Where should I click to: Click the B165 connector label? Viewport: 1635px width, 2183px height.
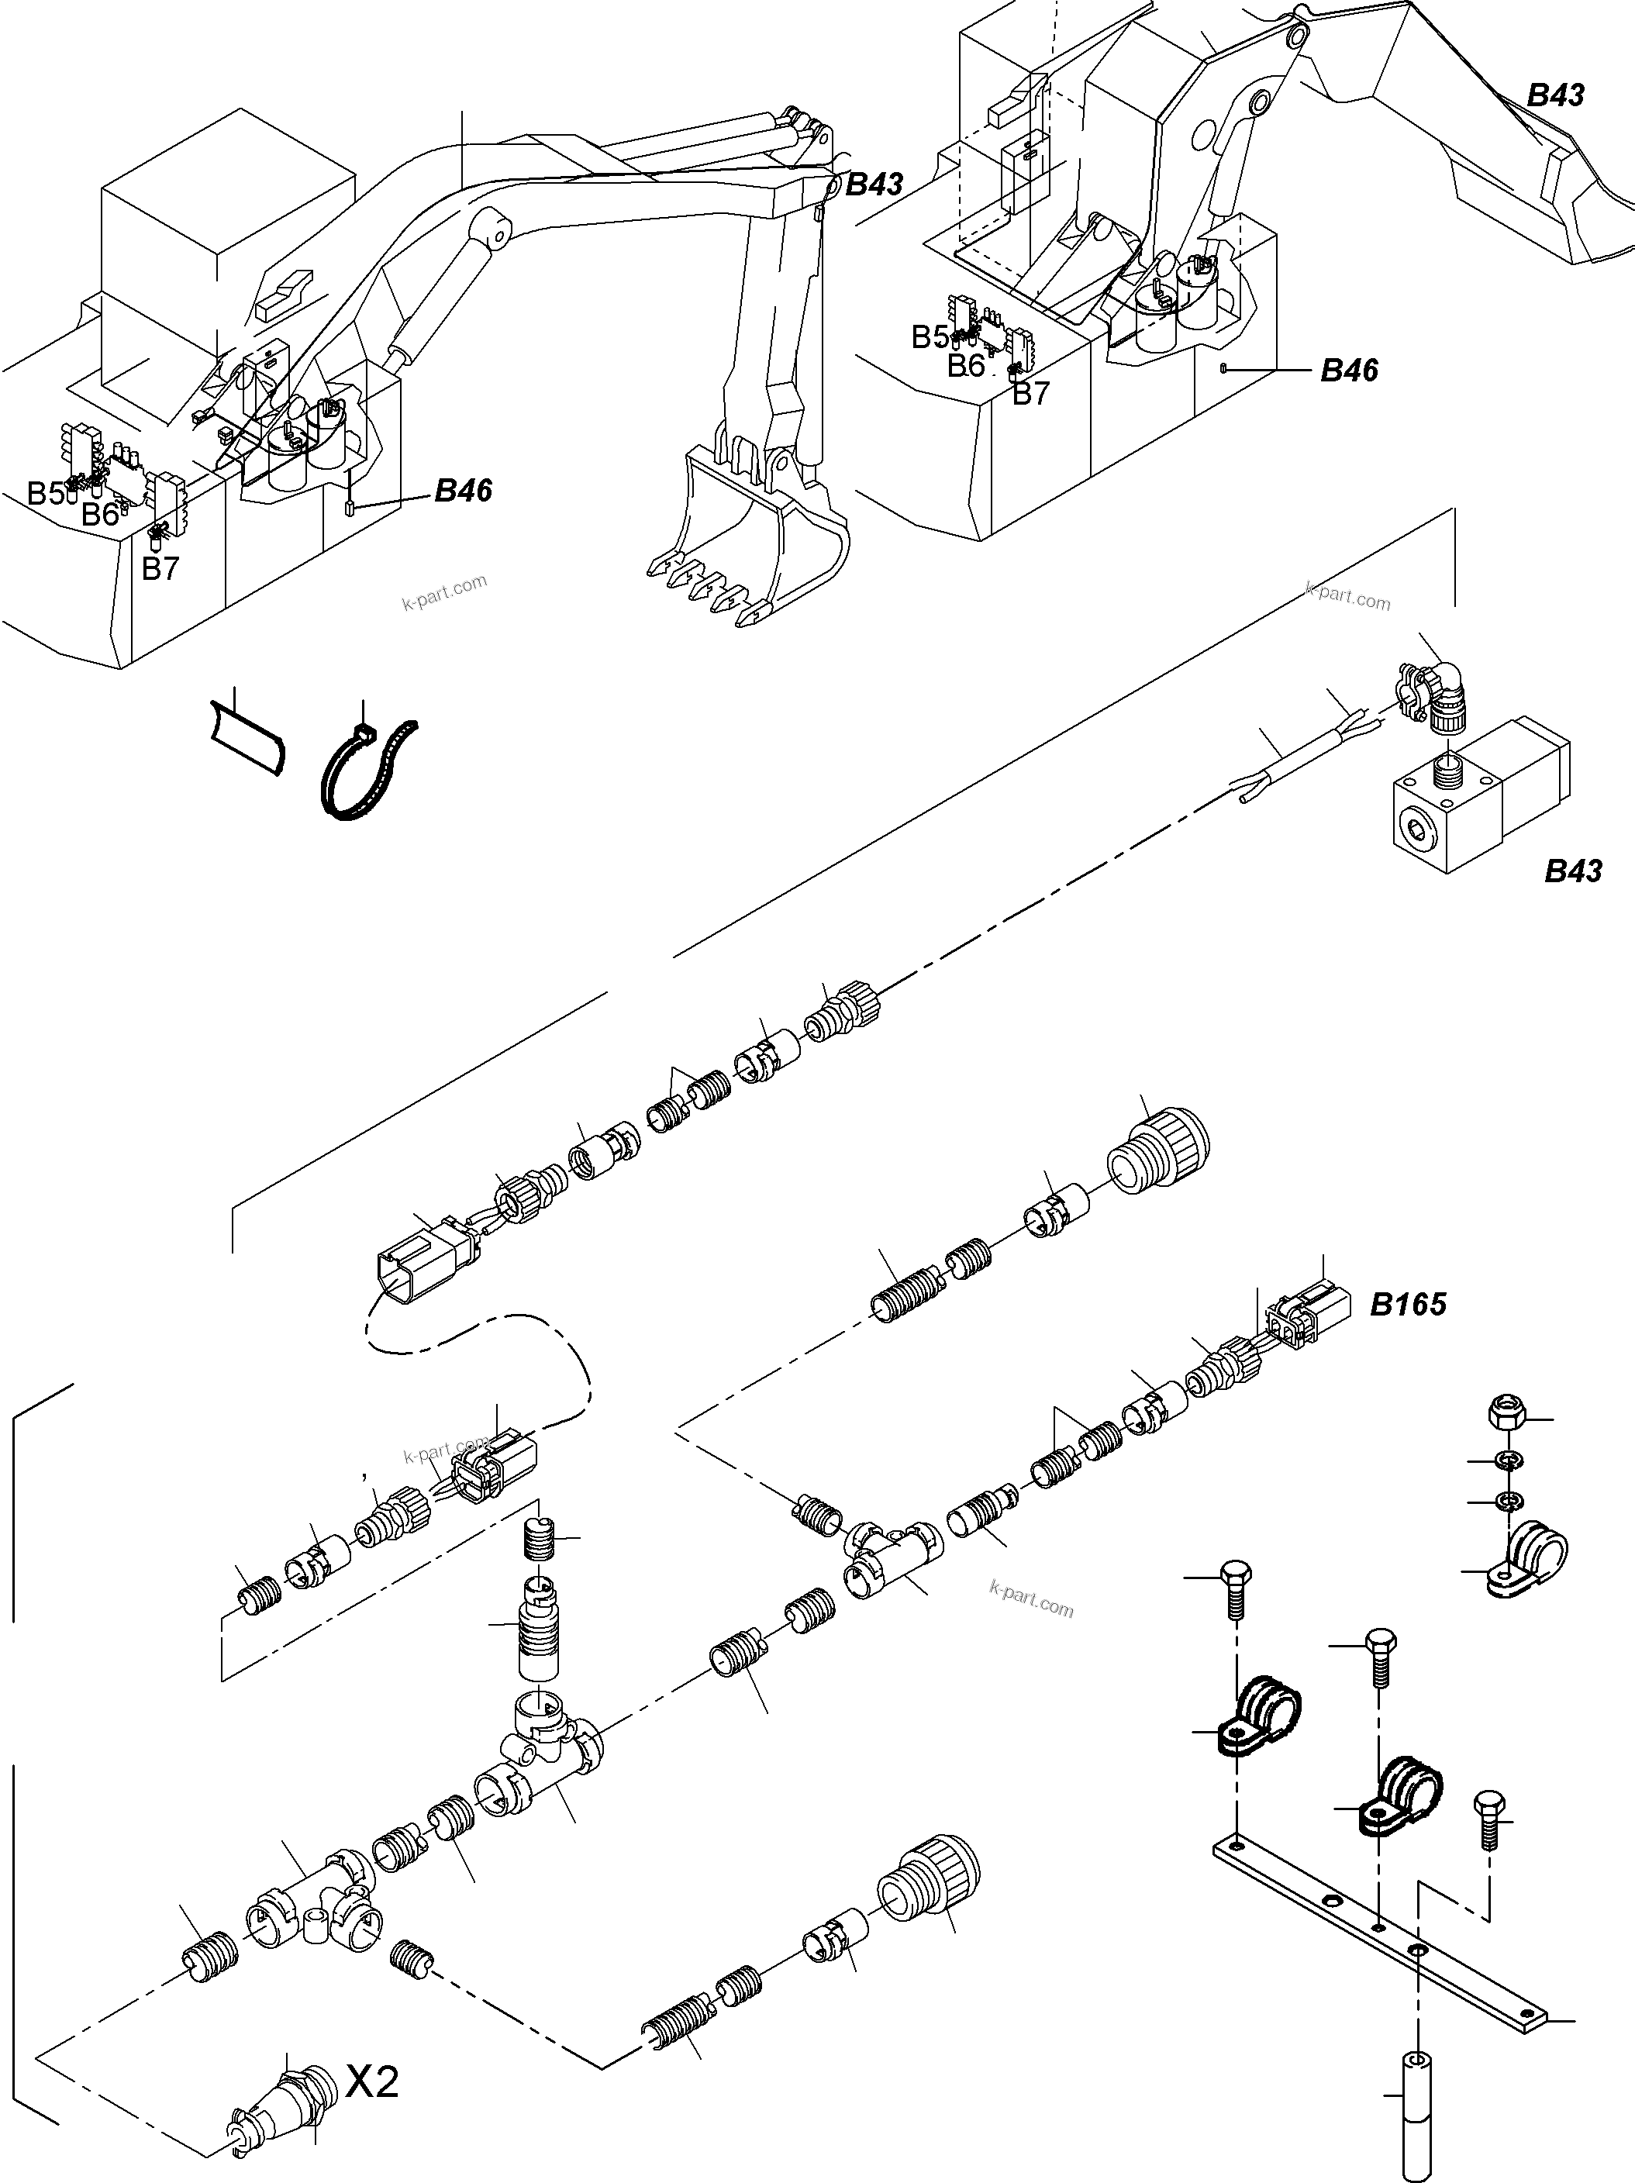click(1408, 1304)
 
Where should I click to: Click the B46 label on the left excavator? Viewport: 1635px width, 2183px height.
click(463, 491)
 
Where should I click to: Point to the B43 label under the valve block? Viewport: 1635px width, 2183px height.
click(1573, 871)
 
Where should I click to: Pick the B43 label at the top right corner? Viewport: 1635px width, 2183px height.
click(1555, 95)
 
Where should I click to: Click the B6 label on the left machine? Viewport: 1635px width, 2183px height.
click(101, 513)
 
